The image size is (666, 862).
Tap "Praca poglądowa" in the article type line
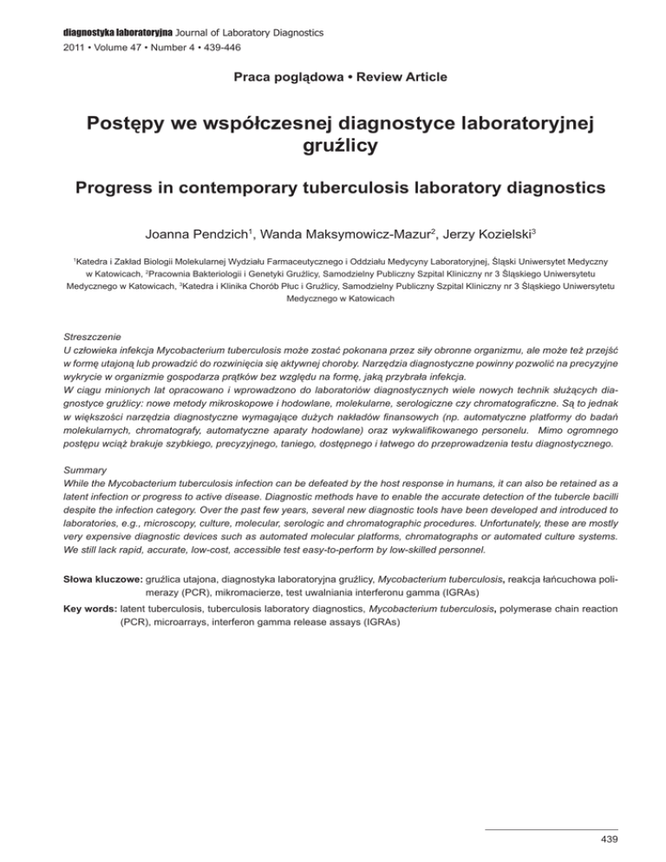[269, 77]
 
